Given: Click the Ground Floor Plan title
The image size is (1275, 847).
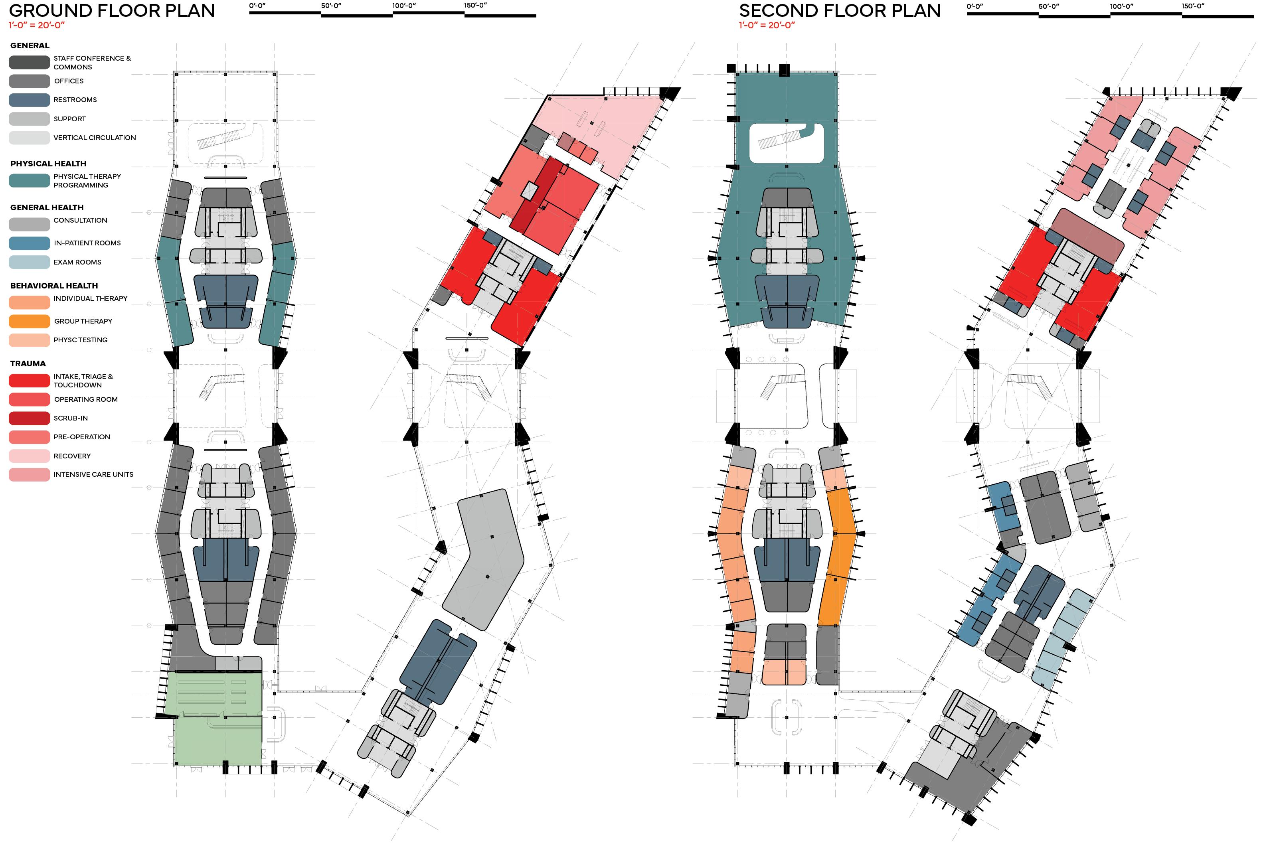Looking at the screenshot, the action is [x=112, y=10].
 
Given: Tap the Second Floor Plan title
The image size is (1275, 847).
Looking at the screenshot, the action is [x=840, y=10].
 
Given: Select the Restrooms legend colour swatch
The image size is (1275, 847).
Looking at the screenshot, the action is [x=29, y=100].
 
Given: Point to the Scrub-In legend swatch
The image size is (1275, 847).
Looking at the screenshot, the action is [x=29, y=418].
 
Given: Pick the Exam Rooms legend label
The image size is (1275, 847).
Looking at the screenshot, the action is [x=77, y=262].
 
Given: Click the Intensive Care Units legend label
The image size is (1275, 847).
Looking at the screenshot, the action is [x=93, y=474].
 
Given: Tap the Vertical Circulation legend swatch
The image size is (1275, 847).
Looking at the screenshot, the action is [x=29, y=138].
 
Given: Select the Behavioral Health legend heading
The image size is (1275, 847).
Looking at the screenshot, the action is [x=54, y=285].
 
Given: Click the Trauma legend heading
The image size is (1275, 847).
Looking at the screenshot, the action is [x=28, y=363].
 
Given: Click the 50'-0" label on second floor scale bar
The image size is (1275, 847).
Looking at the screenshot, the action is [x=1049, y=6].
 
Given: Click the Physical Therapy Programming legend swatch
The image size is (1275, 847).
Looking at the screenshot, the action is [x=29, y=180].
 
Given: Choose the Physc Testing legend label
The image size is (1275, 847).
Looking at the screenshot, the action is [x=81, y=340].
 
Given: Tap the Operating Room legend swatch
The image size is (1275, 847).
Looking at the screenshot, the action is [x=29, y=399].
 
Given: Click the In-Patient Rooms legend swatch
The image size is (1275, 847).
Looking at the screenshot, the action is [x=29, y=243].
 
